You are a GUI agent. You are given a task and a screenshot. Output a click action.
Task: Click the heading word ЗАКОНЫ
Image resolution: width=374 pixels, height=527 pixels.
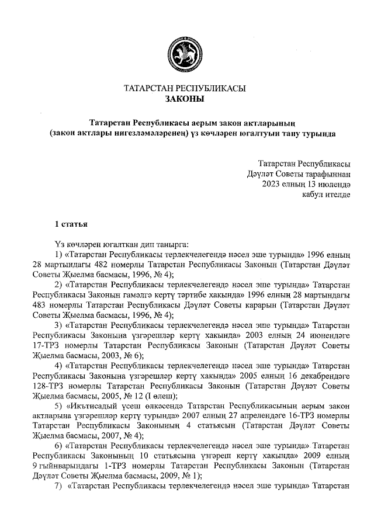click(185, 99)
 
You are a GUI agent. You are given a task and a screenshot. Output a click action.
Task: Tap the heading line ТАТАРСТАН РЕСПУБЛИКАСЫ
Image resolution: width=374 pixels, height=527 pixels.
click(185, 89)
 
